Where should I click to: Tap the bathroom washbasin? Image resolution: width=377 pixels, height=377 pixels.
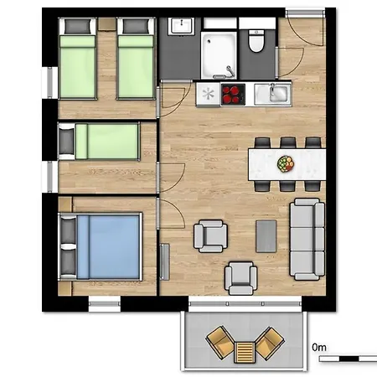pos(182,26)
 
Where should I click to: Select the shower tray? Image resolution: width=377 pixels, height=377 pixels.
pos(219,55)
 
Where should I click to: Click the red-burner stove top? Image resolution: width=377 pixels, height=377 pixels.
pos(233,95)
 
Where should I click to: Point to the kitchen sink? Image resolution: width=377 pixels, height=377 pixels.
pos(272,94)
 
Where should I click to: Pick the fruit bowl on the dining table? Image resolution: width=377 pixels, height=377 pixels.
pos(286,163)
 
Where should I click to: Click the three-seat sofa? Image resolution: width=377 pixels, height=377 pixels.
pos(307,240)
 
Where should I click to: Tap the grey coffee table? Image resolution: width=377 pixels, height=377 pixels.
pos(266,236)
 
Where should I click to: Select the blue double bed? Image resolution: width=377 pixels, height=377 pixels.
pos(100,246)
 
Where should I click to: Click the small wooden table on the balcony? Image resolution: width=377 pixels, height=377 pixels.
pos(245,352)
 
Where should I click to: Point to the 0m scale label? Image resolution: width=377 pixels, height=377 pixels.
pos(319,348)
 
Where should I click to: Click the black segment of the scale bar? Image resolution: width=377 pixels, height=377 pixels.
pos(349,359)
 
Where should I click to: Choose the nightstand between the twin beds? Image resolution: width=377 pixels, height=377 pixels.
pos(106,23)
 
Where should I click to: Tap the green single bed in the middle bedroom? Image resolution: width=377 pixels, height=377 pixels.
pos(99,142)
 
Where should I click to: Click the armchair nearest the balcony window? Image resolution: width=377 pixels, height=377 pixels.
pos(241,278)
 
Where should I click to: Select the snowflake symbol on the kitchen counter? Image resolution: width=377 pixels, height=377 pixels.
pos(209,94)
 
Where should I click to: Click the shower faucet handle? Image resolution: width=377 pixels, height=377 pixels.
pos(230,70)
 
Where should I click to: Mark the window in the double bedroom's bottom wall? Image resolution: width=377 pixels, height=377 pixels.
pos(105,303)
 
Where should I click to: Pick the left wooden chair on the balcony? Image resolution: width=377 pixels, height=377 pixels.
pos(220,343)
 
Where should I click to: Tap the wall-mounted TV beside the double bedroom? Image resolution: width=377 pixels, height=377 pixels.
pos(164,262)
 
